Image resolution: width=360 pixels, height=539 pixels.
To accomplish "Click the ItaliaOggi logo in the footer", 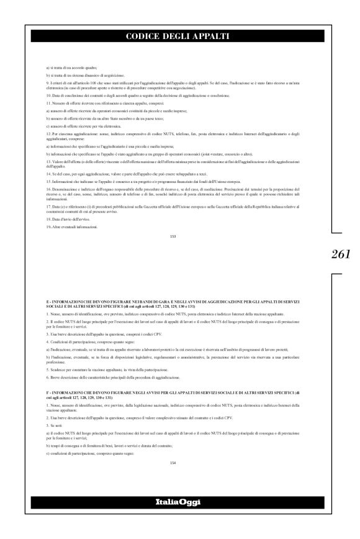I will [180, 501].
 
